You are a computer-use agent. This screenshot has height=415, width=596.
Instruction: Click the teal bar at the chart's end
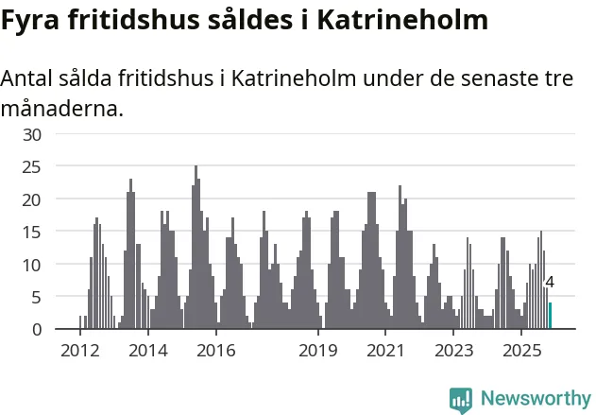click(551, 316)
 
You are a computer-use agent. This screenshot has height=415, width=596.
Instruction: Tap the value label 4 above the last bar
click(550, 282)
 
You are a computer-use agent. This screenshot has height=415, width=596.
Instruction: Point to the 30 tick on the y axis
click(33, 134)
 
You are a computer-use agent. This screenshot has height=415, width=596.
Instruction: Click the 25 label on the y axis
click(33, 167)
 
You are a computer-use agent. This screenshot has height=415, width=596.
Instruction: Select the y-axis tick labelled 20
click(33, 199)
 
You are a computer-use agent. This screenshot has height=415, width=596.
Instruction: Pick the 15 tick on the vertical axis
click(33, 233)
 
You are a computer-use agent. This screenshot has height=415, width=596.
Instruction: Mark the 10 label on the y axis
click(33, 265)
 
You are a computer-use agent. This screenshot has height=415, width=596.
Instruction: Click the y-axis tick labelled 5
click(37, 297)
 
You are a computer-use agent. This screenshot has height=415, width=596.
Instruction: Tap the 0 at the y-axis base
click(37, 330)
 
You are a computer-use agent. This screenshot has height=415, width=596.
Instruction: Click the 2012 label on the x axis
click(79, 350)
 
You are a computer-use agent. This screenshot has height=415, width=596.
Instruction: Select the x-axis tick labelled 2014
click(147, 350)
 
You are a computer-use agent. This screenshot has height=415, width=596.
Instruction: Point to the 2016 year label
click(216, 350)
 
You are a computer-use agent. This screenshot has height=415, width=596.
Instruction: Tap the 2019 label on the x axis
click(318, 350)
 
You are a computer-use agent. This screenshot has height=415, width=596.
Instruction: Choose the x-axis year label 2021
click(386, 350)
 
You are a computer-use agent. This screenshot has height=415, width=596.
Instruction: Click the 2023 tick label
click(454, 350)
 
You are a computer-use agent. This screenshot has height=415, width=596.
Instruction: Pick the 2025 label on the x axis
click(522, 350)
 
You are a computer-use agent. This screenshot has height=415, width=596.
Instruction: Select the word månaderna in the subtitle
click(61, 109)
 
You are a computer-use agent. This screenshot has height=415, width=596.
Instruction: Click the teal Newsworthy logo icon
click(461, 399)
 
